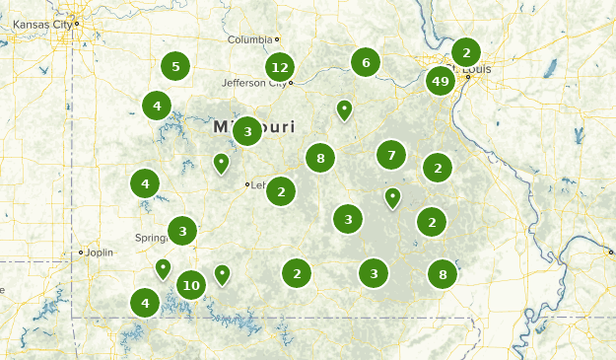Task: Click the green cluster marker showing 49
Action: click(x=441, y=81)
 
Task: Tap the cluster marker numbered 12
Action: click(x=280, y=67)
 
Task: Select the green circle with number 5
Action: click(x=175, y=67)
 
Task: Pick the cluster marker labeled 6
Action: click(x=366, y=62)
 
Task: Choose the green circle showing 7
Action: click(x=391, y=155)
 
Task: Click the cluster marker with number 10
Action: click(x=191, y=285)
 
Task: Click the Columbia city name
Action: click(x=248, y=39)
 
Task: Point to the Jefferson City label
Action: click(x=253, y=83)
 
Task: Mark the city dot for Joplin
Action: click(x=81, y=252)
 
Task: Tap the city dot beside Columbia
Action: click(x=278, y=39)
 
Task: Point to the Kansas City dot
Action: click(x=77, y=22)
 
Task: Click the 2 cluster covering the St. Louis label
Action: click(x=466, y=52)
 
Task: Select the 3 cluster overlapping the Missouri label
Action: click(x=247, y=130)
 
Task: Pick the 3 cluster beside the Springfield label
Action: click(x=182, y=231)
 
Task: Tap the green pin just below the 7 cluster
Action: click(x=392, y=197)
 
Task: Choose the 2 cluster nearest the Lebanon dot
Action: click(x=281, y=190)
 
